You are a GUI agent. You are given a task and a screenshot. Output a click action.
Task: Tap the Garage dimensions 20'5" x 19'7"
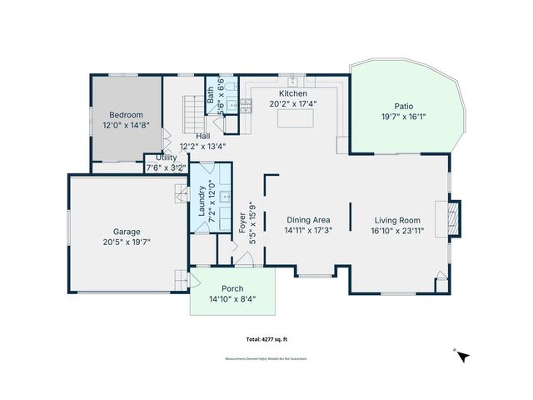pyautogui.click(x=127, y=242)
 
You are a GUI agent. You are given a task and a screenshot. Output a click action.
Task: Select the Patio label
pyautogui.click(x=404, y=106)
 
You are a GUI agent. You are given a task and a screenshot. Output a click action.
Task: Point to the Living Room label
pyautogui.click(x=396, y=220)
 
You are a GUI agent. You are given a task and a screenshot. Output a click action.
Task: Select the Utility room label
pyautogui.click(x=167, y=157)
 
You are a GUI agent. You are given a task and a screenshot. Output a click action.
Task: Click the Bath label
pyautogui.click(x=211, y=95)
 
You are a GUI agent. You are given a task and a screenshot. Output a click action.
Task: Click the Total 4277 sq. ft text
pyautogui.click(x=266, y=340)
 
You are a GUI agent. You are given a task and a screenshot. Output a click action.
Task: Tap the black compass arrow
pyautogui.click(x=464, y=356)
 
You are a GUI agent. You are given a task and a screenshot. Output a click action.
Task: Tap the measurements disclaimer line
pyautogui.click(x=266, y=358)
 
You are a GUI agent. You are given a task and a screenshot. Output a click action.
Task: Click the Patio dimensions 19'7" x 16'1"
pyautogui.click(x=404, y=117)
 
